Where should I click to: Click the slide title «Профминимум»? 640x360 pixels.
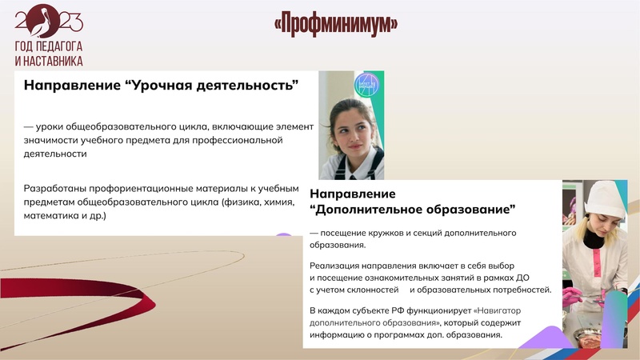point(336,25)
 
